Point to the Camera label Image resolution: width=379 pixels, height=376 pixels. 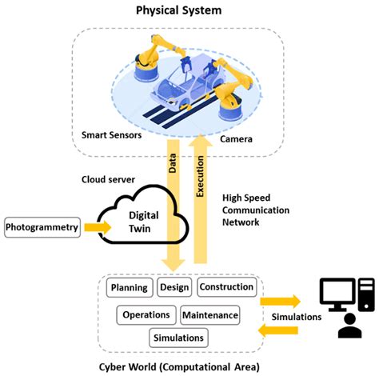click(x=237, y=138)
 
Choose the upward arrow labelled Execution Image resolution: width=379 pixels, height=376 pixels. click(x=201, y=200)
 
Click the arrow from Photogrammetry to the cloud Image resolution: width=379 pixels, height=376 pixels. click(x=97, y=228)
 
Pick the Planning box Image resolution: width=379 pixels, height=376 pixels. click(x=129, y=287)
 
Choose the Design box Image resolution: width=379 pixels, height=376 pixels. click(x=174, y=287)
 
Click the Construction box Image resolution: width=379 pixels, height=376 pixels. click(x=225, y=287)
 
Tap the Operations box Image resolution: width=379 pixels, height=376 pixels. click(x=146, y=314)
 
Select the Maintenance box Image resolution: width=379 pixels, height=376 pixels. click(x=209, y=314)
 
